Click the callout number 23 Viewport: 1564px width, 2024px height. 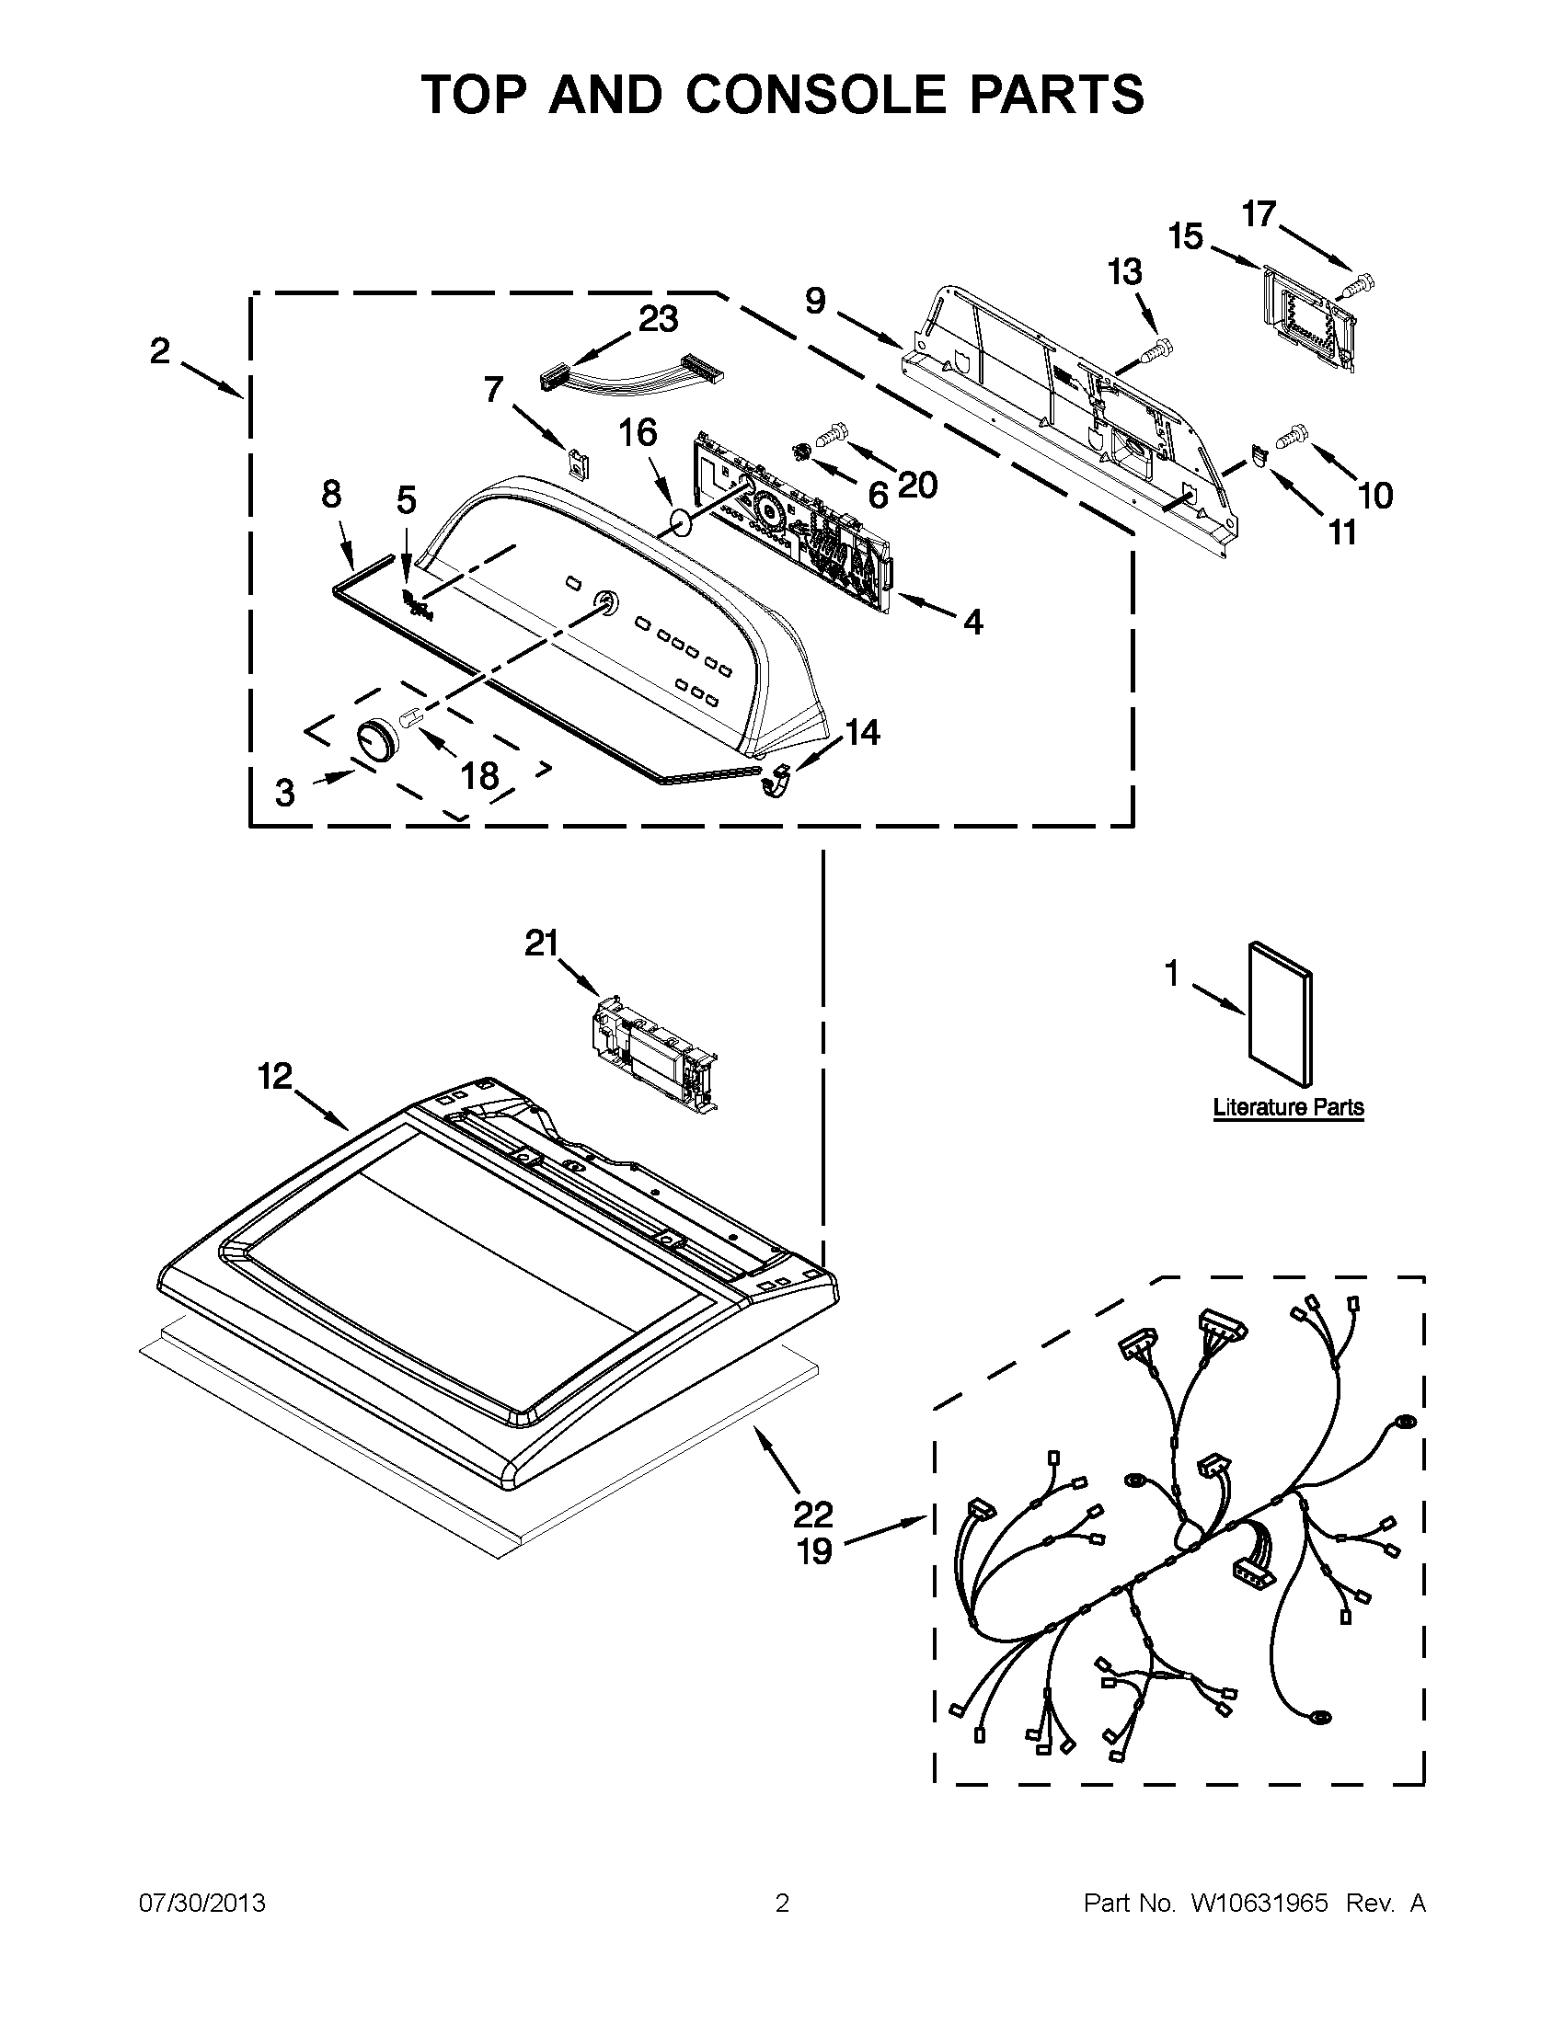(657, 319)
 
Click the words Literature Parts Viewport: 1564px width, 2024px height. (1288, 1107)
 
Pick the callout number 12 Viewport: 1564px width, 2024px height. (274, 1077)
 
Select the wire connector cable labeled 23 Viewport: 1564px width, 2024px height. (630, 373)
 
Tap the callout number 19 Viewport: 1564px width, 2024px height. (814, 1551)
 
